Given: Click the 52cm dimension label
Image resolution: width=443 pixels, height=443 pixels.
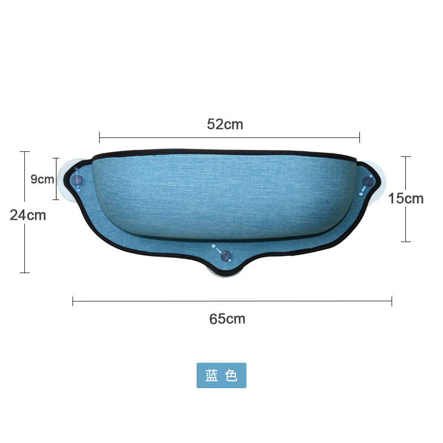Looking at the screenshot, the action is [x=225, y=124].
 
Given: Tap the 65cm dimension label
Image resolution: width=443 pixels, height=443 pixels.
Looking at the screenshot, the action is [x=227, y=319].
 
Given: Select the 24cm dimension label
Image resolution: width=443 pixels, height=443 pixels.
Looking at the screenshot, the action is [x=28, y=215].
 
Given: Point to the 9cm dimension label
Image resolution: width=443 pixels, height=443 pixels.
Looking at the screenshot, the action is [x=42, y=179].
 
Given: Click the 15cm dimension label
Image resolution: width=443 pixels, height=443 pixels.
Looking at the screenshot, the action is [x=406, y=198].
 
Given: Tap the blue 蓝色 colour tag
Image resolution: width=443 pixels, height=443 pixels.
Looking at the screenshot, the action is [x=221, y=375].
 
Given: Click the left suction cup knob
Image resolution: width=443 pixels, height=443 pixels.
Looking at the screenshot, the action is [x=77, y=179].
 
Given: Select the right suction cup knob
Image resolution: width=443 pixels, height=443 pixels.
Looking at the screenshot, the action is [x=368, y=181].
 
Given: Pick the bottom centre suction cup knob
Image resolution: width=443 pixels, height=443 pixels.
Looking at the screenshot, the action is [x=225, y=255].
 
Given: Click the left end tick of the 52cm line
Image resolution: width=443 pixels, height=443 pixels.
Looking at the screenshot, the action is [x=100, y=137].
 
